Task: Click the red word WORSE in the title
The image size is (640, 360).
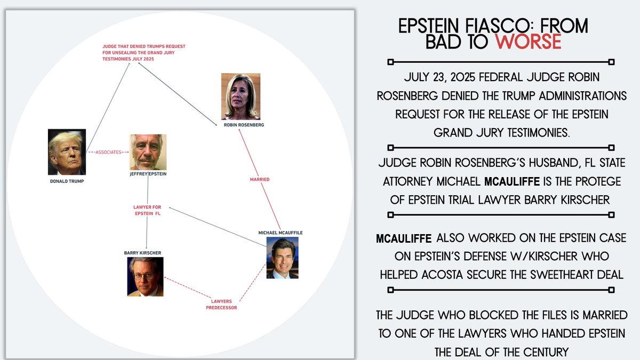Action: click(529, 42)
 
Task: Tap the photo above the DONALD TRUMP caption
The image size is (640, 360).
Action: click(67, 152)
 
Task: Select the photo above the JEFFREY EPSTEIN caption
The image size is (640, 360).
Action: click(148, 153)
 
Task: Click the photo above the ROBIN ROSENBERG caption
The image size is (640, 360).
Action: click(241, 97)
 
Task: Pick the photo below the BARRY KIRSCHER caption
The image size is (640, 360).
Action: click(145, 277)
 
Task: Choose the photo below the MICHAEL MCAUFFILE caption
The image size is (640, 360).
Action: click(282, 258)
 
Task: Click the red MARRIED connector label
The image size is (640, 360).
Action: click(260, 179)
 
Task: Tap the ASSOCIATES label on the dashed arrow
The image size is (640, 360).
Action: click(108, 153)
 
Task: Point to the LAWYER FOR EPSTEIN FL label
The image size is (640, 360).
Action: click(147, 210)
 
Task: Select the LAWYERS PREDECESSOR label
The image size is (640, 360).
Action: click(221, 305)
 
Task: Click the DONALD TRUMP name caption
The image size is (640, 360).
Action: click(67, 181)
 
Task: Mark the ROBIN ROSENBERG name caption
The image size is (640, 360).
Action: click(244, 125)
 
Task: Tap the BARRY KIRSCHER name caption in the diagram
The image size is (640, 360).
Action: click(142, 253)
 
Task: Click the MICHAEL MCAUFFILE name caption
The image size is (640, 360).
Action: click(281, 233)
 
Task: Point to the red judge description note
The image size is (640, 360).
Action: click(144, 53)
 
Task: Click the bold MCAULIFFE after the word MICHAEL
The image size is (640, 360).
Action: click(512, 181)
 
